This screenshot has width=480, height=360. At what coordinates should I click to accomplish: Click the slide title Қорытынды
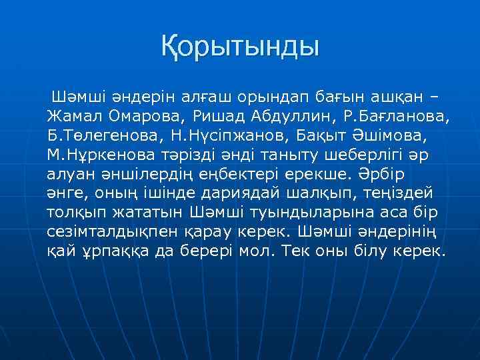tap(240, 47)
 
